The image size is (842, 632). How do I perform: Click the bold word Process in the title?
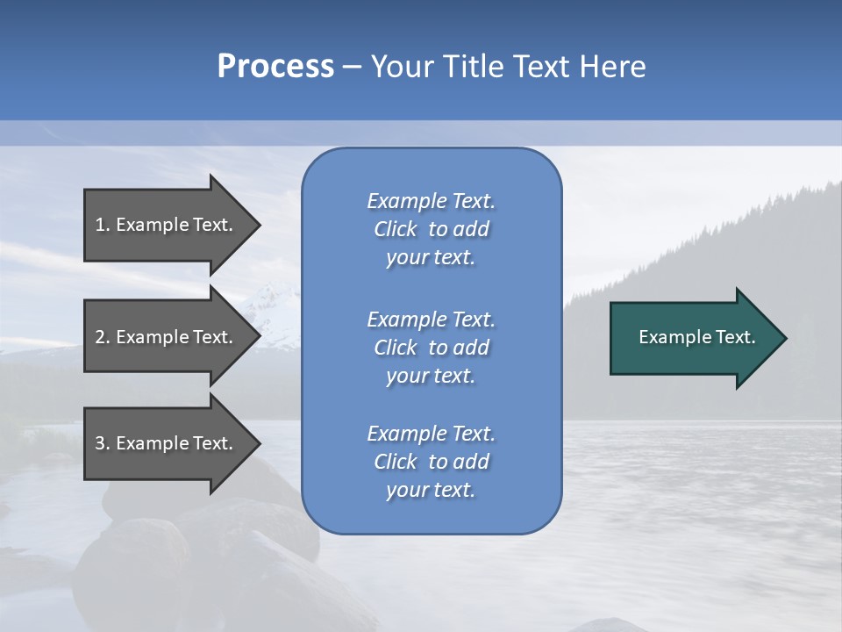click(x=275, y=67)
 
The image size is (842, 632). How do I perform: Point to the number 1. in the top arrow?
click(x=103, y=225)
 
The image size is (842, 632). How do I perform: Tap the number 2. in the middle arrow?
click(x=103, y=337)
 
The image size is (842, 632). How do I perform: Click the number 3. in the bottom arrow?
click(x=103, y=443)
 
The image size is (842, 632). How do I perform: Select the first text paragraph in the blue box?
click(x=431, y=229)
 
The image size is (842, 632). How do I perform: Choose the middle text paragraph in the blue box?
click(x=431, y=348)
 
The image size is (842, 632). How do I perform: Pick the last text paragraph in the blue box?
click(x=431, y=462)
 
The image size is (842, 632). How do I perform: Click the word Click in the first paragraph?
click(x=395, y=229)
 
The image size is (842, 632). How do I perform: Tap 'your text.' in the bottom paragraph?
click(x=431, y=490)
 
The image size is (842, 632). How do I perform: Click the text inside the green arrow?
click(x=697, y=337)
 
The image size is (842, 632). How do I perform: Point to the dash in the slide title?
click(x=352, y=67)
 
